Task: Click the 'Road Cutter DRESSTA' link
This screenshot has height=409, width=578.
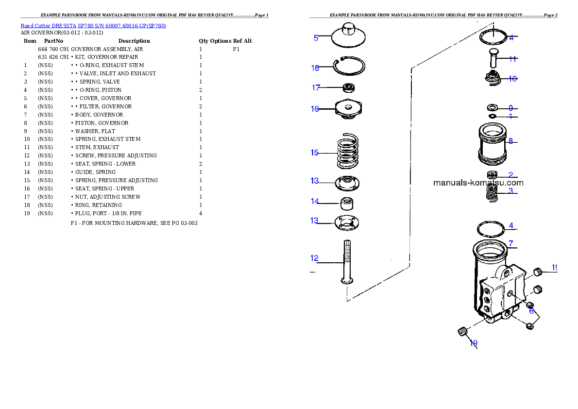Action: click(48, 26)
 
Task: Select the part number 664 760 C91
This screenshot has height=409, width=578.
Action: click(53, 49)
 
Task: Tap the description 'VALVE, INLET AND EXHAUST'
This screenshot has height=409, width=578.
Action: click(118, 73)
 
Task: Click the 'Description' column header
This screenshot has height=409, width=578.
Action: click(134, 41)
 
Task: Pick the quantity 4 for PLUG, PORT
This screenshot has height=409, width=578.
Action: click(201, 213)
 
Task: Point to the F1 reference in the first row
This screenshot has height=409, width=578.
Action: click(236, 49)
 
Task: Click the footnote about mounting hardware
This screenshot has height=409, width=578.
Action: click(134, 223)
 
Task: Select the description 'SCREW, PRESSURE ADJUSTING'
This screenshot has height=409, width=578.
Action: click(116, 155)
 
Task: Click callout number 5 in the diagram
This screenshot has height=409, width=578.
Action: click(316, 38)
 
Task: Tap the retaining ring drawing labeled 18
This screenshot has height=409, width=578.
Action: click(349, 75)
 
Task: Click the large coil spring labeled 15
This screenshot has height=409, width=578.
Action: click(348, 151)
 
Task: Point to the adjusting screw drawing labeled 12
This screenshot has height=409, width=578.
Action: click(347, 262)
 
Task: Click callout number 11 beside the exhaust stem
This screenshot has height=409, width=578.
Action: click(512, 59)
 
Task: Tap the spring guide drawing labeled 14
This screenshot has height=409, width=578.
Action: click(346, 203)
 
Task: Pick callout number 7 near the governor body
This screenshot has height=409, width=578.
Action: click(511, 243)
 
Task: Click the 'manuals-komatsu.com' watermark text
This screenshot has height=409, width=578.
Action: click(478, 183)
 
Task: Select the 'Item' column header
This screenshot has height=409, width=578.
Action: click(30, 41)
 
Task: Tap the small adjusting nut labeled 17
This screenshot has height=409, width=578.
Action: click(348, 88)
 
